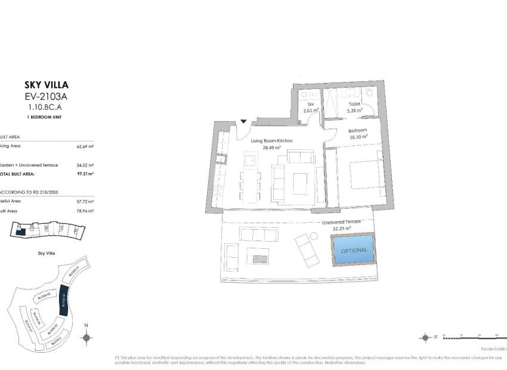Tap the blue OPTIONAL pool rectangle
(354, 251)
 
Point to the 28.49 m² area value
(271, 147)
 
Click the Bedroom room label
(357, 130)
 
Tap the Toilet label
(354, 103)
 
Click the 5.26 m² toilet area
(354, 110)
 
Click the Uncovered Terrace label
(341, 222)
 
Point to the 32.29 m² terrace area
(341, 229)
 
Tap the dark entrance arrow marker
(243, 122)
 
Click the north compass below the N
(86, 338)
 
